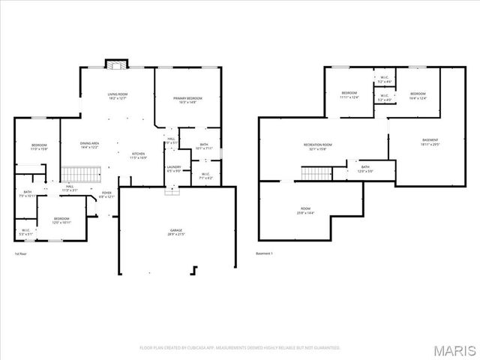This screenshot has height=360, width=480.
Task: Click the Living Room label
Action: (118, 96)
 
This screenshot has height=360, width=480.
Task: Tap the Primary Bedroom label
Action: (187, 100)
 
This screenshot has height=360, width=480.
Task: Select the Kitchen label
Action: (138, 155)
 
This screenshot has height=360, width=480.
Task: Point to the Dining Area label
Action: (91, 145)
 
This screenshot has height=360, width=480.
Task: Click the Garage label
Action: (176, 232)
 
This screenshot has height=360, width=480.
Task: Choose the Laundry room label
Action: (174, 169)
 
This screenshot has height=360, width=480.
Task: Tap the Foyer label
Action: (106, 195)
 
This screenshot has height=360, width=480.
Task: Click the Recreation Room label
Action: (317, 145)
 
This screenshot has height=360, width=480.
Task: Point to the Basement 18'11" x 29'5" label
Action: (430, 142)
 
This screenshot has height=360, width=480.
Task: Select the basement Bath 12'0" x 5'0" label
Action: (365, 169)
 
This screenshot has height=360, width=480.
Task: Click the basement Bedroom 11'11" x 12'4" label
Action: (349, 95)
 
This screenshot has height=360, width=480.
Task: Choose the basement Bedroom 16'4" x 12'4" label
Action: (418, 95)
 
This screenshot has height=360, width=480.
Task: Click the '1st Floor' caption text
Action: (22, 253)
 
